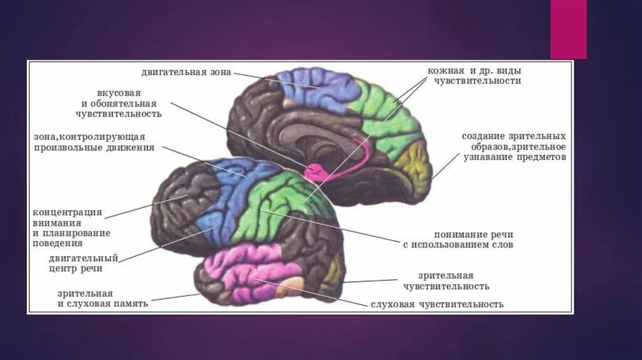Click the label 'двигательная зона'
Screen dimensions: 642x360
click(x=186, y=73)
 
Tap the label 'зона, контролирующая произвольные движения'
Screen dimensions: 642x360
click(x=90, y=142)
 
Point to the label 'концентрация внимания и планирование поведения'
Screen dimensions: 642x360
click(x=71, y=228)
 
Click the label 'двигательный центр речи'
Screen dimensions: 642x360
click(x=83, y=263)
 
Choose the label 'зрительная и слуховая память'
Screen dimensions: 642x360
click(x=102, y=299)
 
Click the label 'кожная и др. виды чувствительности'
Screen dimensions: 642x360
click(x=474, y=76)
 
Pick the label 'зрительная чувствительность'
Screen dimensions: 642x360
click(x=454, y=281)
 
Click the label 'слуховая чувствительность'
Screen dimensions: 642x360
click(x=436, y=304)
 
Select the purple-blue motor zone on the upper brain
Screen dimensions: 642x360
click(x=317, y=88)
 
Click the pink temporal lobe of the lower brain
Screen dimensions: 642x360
click(x=248, y=273)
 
